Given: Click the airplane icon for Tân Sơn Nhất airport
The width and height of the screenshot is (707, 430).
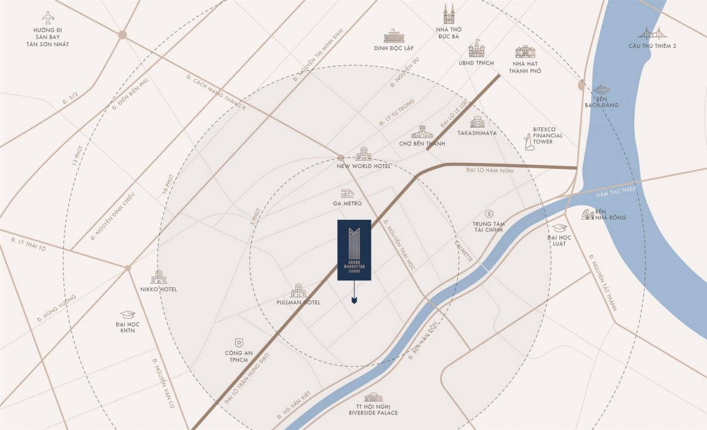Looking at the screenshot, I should [48, 17].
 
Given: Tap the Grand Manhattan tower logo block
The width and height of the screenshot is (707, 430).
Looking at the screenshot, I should [354, 250].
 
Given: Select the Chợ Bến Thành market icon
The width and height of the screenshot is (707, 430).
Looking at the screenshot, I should [422, 132].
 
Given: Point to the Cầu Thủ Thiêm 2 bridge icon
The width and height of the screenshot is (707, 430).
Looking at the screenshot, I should [652, 33].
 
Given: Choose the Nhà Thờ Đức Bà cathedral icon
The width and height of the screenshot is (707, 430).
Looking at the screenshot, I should [448, 14].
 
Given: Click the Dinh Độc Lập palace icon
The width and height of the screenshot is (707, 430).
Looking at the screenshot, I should [394, 36].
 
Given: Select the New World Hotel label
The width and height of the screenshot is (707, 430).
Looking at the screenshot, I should [364, 166].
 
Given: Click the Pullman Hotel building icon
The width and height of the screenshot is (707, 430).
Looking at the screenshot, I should [298, 291].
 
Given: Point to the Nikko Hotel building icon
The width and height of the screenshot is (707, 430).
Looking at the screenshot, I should [158, 277].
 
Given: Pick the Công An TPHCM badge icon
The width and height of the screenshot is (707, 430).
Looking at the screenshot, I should [238, 342].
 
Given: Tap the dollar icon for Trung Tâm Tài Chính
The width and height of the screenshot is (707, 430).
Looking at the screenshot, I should [488, 213].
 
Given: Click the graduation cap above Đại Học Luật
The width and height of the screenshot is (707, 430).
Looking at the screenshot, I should [559, 228].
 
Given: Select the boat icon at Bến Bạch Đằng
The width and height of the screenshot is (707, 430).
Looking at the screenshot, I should [601, 90].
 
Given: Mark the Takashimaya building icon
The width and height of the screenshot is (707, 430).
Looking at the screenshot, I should [477, 122].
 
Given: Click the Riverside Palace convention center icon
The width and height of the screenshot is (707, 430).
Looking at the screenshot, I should [373, 398].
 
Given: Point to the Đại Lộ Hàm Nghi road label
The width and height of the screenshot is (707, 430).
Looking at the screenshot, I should [490, 171].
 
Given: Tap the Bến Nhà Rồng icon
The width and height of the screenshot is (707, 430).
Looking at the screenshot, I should [588, 214].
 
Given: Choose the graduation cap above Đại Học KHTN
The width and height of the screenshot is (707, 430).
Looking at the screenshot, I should [127, 315].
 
